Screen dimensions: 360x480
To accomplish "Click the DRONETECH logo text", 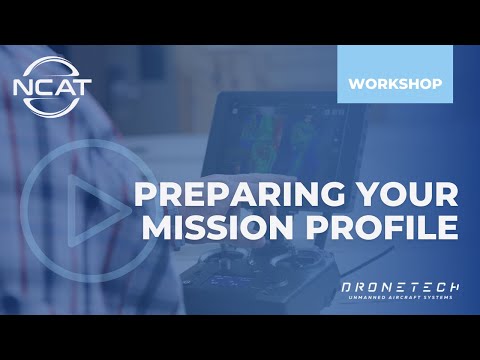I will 397,286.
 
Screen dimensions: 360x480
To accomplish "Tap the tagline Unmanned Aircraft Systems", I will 397,298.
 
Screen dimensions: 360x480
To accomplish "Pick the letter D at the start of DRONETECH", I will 346,286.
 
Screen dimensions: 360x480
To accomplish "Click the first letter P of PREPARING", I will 147,192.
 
